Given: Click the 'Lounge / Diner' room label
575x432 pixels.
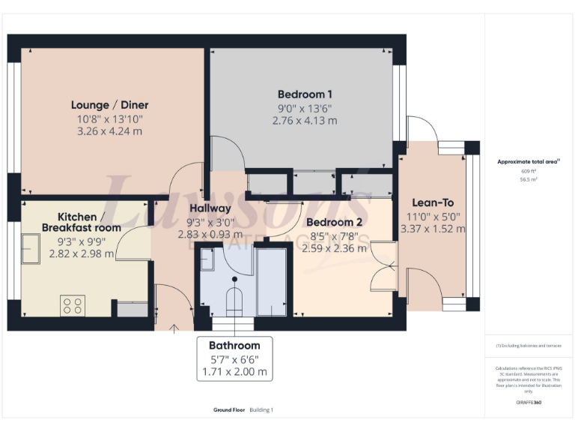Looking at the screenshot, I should coord(109,105).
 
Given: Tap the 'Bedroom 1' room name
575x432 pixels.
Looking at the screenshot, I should coord(305,94).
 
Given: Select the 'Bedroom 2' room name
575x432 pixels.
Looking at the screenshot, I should coord(334,222).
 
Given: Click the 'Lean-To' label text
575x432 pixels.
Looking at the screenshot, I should coord(433,202).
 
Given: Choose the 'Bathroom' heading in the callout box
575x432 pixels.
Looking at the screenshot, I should coord(234,346).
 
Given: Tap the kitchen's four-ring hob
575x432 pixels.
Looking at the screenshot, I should coord(73,305).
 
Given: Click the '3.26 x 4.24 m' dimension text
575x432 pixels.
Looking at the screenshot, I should coord(109,131).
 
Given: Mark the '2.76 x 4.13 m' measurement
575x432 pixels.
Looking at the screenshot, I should coord(305,120).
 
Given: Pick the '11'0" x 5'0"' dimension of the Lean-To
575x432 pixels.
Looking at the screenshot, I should coord(433,217).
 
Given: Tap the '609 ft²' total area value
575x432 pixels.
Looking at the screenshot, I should coord(530,171).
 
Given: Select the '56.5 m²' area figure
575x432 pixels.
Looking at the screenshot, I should coord(530,180).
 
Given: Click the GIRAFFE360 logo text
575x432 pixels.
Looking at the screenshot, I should coord(529,403).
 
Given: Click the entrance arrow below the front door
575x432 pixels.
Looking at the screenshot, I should coord(175,327).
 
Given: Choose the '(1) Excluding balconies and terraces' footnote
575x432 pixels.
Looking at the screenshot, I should coord(529,346).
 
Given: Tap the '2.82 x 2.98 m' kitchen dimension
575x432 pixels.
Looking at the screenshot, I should coord(82,253).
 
